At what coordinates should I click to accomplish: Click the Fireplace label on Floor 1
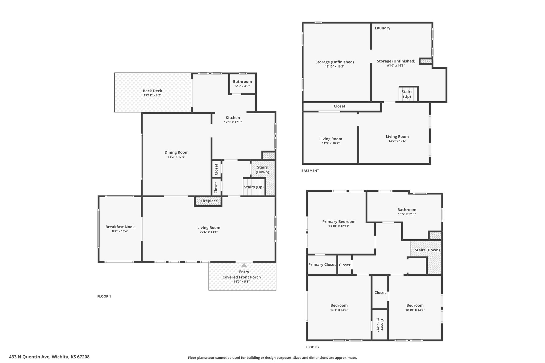coord(209,201)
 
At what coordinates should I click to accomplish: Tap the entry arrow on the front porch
coord(244,265)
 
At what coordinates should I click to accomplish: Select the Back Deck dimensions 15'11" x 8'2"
coord(152,95)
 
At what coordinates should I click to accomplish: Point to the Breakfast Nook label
coord(120,227)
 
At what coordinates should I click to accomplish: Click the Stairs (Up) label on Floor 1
coord(254,187)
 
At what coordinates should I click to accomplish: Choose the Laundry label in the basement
coord(382,28)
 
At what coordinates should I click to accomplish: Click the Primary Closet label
coord(322,265)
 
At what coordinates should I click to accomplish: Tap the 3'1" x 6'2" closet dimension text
coord(377,324)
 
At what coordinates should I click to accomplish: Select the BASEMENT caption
coord(310,171)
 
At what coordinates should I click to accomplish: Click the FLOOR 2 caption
coord(312,347)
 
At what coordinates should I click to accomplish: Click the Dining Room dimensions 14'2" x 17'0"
coord(176,157)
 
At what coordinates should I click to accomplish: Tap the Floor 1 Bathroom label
coord(242,82)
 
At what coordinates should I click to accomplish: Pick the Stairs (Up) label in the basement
coord(407,94)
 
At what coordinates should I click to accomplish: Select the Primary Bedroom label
coord(339,222)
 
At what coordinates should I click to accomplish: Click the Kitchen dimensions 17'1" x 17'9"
coord(233,122)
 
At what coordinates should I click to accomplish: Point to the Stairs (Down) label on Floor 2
coord(427,250)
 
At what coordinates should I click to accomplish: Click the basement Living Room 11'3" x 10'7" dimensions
coord(331,143)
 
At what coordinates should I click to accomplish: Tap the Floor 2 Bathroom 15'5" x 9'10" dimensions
coord(407,214)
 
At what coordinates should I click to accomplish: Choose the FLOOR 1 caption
coord(104,296)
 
